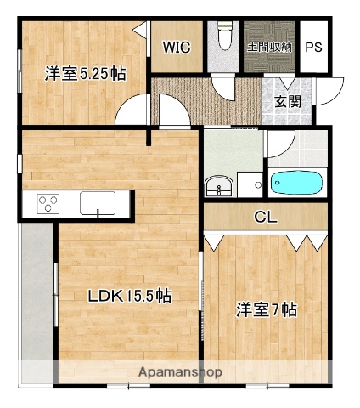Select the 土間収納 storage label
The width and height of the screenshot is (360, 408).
click(x=269, y=47)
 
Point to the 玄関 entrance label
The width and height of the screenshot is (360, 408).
click(x=287, y=101)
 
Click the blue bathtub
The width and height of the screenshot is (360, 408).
click(x=295, y=181)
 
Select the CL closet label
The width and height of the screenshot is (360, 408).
click(x=266, y=218)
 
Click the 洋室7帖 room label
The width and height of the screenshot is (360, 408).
click(x=266, y=311)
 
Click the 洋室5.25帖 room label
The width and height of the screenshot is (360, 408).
click(x=85, y=74)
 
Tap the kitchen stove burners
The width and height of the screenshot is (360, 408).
click(x=47, y=204)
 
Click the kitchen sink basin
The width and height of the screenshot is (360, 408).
click(x=98, y=203)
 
